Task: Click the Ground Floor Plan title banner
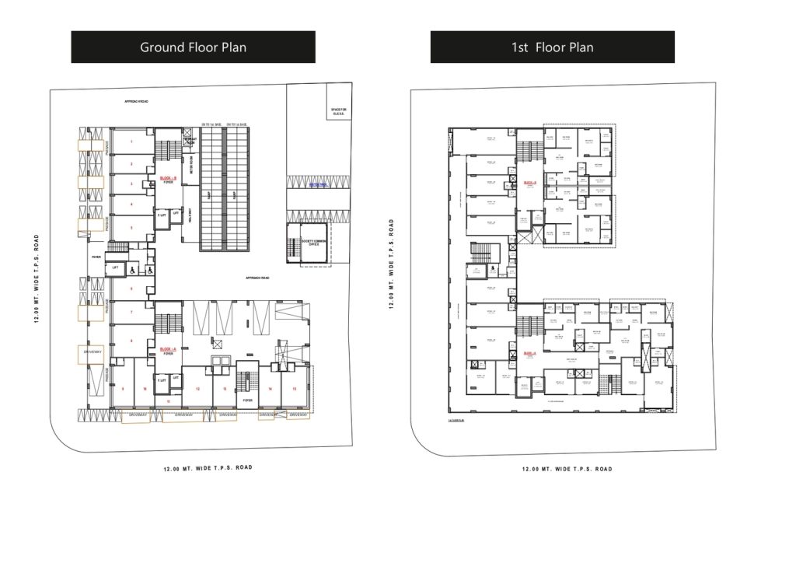(193, 47)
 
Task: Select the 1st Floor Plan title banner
(552, 47)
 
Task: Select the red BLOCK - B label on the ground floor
(168, 178)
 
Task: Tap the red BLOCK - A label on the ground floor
(167, 350)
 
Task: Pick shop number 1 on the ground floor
(131, 142)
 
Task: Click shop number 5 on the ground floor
(131, 228)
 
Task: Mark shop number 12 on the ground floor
(198, 388)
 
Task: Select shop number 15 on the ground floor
(294, 388)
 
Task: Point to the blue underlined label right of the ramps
(318, 185)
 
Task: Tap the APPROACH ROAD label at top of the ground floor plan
(136, 102)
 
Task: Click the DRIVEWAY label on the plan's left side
(93, 353)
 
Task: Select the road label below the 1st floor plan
(567, 469)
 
